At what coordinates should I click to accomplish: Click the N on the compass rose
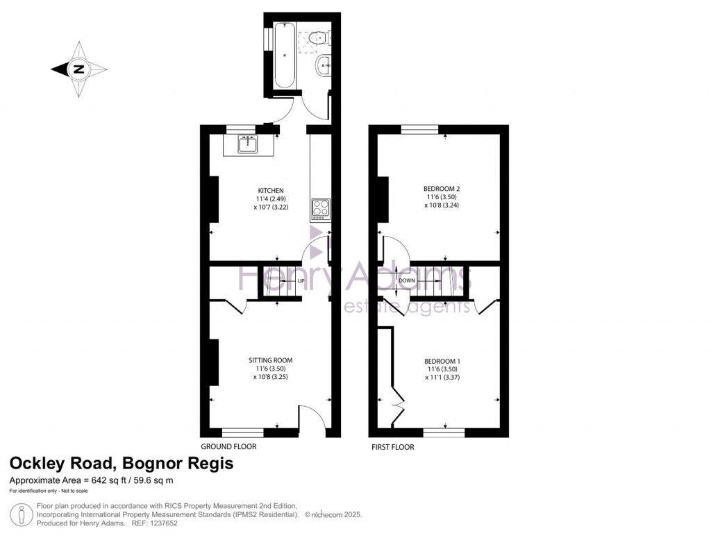click(79, 69)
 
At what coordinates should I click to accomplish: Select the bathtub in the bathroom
click(285, 55)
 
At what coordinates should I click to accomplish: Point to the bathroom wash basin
click(324, 66)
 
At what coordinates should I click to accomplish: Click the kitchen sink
click(248, 144)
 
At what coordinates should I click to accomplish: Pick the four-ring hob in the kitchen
click(320, 210)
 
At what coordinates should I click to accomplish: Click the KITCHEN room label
click(271, 190)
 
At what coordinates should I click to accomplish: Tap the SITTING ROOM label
click(270, 360)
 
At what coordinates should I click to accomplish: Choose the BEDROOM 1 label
click(442, 362)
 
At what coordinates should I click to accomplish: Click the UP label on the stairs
click(301, 281)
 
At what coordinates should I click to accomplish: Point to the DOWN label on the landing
click(407, 280)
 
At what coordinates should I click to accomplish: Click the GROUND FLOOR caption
click(228, 446)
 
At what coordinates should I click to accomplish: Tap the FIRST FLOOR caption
click(393, 447)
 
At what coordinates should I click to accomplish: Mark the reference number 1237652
click(163, 523)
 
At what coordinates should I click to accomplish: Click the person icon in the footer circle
click(21, 515)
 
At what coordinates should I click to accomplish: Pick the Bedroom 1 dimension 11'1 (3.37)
click(442, 377)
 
